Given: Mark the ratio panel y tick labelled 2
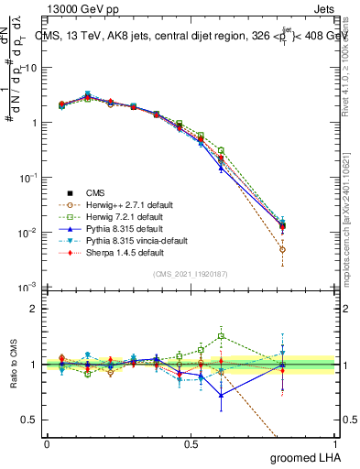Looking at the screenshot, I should click(34, 309).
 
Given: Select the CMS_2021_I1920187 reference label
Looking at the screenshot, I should click(190, 274).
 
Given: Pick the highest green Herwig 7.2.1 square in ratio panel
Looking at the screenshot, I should click(222, 336).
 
